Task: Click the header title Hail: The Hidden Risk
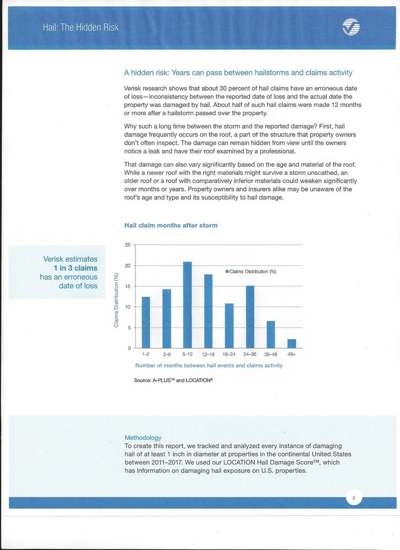(x=81, y=27)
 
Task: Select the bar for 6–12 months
(x=187, y=305)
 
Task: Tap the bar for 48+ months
(x=292, y=344)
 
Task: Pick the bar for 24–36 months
(x=250, y=317)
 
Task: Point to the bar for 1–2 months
(x=146, y=322)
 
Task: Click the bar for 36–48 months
(x=271, y=334)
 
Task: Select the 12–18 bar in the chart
(x=208, y=311)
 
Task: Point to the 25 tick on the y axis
(x=128, y=245)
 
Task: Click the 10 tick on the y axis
(x=128, y=307)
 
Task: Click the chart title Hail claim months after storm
(x=171, y=226)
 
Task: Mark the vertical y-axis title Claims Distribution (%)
(x=116, y=300)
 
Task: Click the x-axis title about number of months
(x=209, y=366)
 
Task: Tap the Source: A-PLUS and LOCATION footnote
(x=173, y=380)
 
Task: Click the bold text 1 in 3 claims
(x=72, y=268)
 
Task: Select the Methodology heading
(x=143, y=438)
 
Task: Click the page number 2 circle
(x=354, y=499)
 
